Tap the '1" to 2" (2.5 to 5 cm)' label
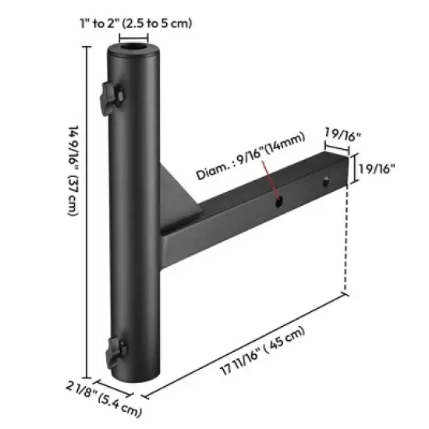136,23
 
